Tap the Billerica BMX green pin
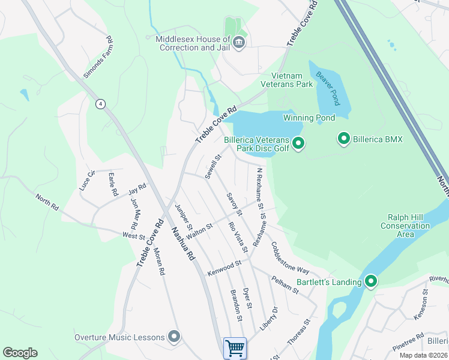[x=344, y=139]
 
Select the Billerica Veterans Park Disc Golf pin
[x=298, y=143]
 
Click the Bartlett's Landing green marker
[x=371, y=281]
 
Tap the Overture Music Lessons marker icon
[x=174, y=337]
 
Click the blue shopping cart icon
[x=235, y=348]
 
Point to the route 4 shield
[x=100, y=104]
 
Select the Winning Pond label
[x=309, y=118]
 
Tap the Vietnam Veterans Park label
[x=292, y=80]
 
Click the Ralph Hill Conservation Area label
[x=405, y=226]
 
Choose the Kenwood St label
[x=224, y=267]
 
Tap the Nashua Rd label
[x=183, y=244]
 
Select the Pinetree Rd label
[x=408, y=339]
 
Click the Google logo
[x=20, y=353]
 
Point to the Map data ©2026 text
[x=423, y=355]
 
